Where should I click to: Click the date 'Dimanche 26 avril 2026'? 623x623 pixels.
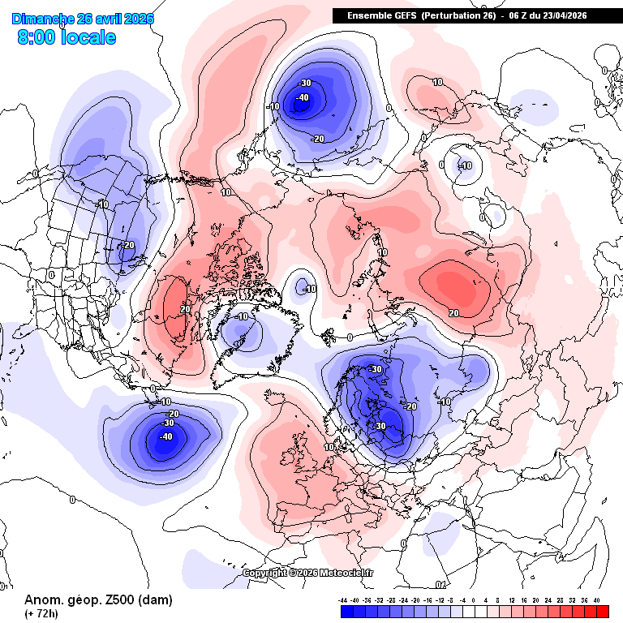[83, 19]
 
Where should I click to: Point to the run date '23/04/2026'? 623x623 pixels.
[561, 15]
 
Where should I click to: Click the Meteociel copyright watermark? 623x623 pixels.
[308, 573]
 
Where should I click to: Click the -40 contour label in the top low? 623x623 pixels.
[303, 98]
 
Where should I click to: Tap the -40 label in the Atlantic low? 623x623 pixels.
[166, 436]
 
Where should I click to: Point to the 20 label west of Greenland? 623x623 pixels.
[185, 309]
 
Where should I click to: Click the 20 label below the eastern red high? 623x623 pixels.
[453, 313]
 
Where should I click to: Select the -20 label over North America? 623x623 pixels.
[128, 245]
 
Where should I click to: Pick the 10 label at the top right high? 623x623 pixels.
[437, 82]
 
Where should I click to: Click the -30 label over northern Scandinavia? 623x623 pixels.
[376, 369]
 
